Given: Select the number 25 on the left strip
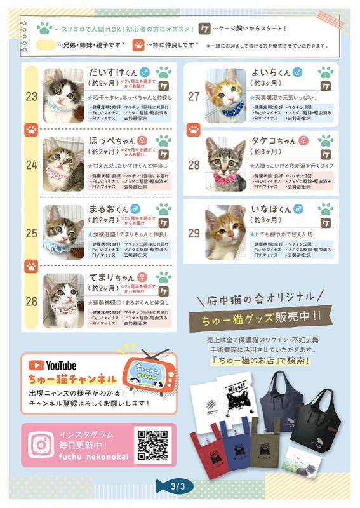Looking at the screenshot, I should pos(32,233).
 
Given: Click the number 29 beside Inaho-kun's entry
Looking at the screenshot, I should pos(194,233).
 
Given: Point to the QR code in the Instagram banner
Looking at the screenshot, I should pos(152,444).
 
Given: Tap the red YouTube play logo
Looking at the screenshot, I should pos(36,365).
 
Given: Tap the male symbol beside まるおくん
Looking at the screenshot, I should pos(136,208).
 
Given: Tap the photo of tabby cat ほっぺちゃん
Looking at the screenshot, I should pos(63,159).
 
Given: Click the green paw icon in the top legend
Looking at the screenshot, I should pos(44,28).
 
